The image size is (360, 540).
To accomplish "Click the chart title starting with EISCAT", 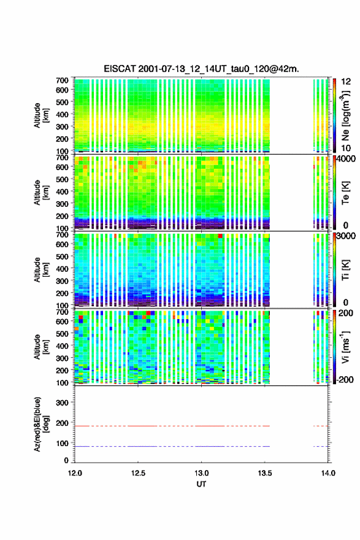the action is click(201, 69).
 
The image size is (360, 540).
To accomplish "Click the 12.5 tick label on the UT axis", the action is click(138, 473).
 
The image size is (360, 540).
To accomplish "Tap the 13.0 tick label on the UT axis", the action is click(201, 473).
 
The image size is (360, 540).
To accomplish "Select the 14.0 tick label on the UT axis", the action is click(328, 473).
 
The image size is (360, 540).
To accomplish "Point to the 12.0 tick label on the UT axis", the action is click(75, 473).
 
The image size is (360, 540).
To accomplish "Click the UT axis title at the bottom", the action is click(201, 484).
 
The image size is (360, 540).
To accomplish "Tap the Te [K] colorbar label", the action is click(345, 193).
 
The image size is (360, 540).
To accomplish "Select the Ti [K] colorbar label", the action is click(345, 270).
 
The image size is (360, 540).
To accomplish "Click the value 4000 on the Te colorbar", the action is click(346, 159).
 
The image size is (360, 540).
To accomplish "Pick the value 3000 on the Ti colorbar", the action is click(346, 236).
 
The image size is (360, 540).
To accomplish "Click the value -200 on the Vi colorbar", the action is click(344, 379).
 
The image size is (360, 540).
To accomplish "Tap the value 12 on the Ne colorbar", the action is click(346, 82).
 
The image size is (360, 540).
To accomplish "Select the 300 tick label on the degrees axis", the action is click(62, 403).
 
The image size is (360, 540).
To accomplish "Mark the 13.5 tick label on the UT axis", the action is click(265, 473).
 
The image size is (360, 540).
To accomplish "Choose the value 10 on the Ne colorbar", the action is click(346, 148).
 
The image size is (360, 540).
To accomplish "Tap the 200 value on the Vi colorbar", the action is click(345, 313).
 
